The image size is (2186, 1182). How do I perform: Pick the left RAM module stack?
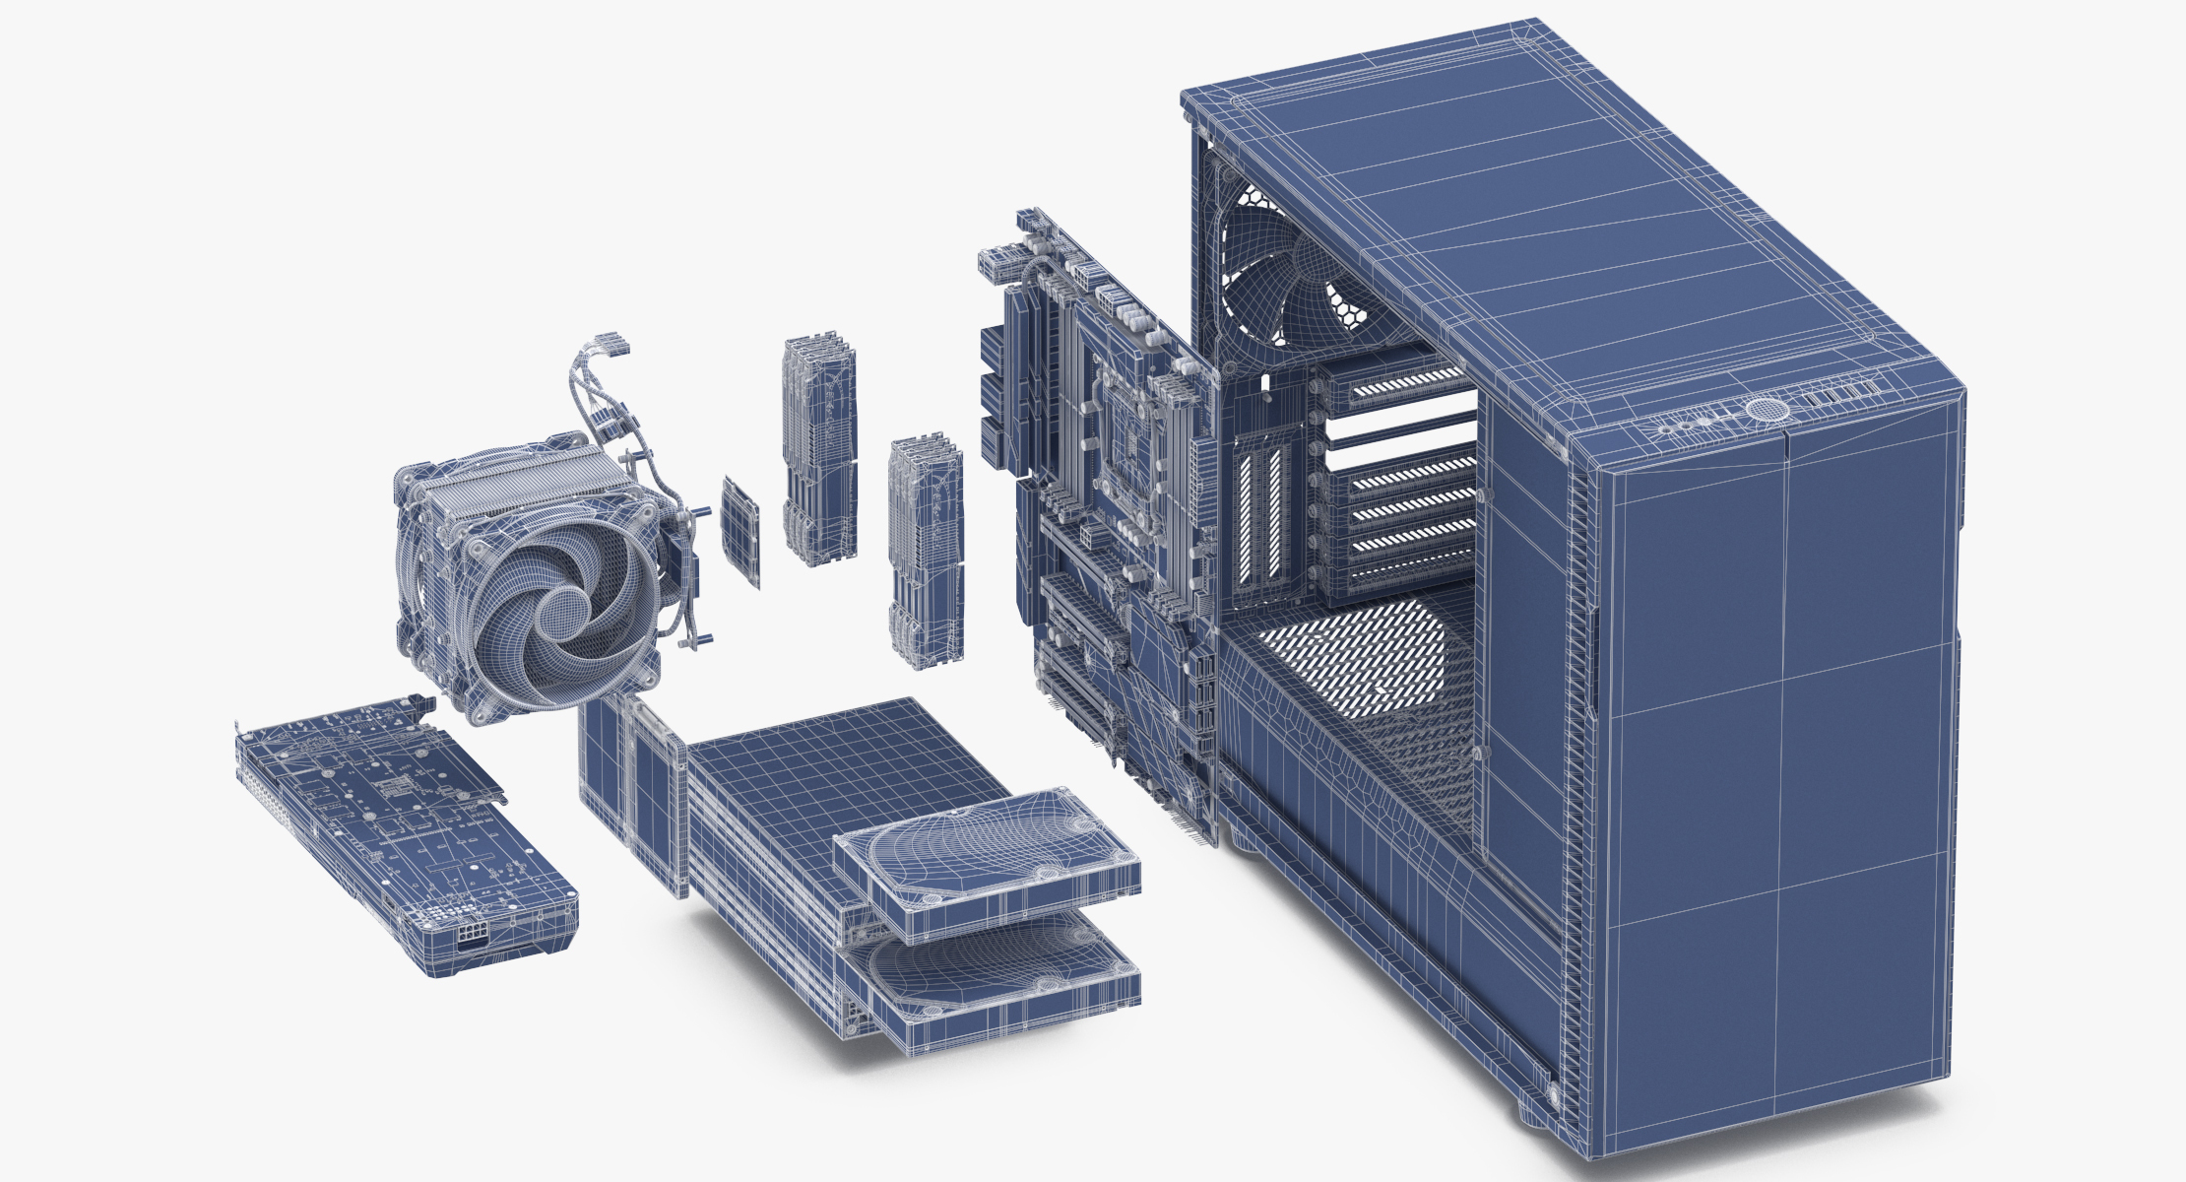(x=819, y=453)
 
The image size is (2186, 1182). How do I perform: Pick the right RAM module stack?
(x=925, y=552)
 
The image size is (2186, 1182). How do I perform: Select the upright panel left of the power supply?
(x=630, y=788)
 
